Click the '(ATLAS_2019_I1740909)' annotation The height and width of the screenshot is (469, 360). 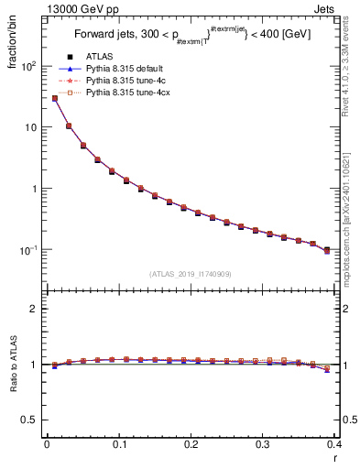pyautogui.click(x=190, y=273)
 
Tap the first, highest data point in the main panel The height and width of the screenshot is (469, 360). pyautogui.click(x=54, y=98)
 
